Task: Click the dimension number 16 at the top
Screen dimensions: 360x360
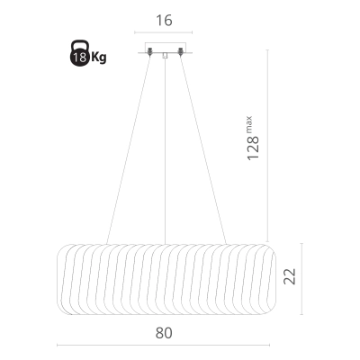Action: (164, 21)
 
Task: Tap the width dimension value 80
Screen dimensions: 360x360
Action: (164, 333)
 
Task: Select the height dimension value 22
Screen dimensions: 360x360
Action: (290, 276)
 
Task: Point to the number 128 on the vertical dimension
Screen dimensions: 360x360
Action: (253, 148)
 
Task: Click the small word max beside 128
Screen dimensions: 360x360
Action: (249, 124)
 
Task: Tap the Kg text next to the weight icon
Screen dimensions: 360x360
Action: (99, 57)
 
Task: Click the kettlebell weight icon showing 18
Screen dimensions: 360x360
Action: (79, 53)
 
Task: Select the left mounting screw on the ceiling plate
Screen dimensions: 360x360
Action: (150, 51)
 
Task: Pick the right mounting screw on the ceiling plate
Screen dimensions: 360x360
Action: (180, 51)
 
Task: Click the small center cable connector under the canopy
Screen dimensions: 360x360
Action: (165, 56)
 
